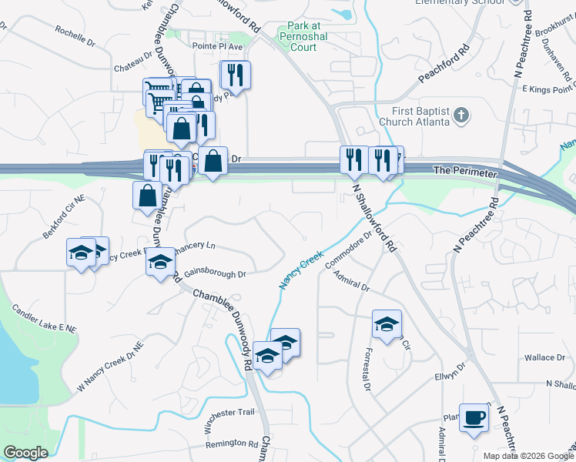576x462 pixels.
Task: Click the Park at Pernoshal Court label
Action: [x=292, y=37]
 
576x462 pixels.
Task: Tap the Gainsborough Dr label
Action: [x=215, y=274]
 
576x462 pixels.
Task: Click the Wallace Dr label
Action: [x=544, y=357]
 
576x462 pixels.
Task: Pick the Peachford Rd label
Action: [x=444, y=68]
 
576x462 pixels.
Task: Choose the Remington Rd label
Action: [x=232, y=444]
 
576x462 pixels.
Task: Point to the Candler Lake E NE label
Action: [x=44, y=319]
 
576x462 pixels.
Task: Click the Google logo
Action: [x=25, y=453]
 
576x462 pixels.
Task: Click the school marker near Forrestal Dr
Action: [x=387, y=323]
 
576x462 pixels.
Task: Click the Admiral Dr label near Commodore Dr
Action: [x=351, y=286]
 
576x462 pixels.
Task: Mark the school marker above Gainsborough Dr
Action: [x=160, y=262]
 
